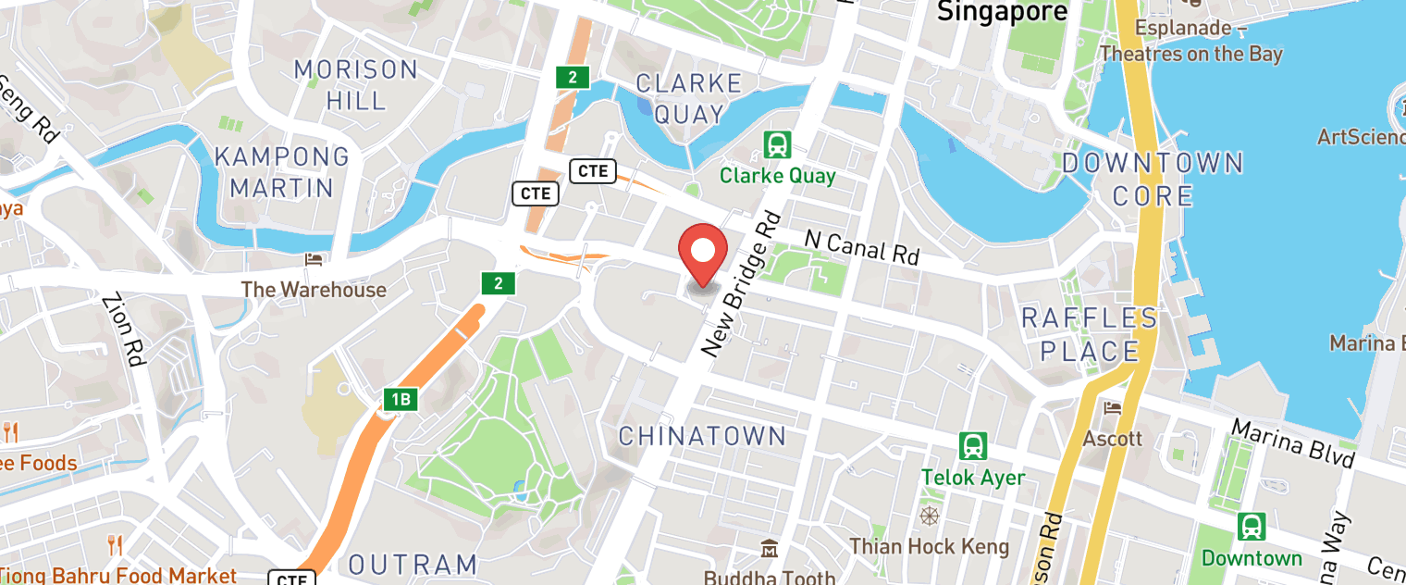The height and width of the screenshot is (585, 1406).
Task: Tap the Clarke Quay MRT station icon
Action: point(777,145)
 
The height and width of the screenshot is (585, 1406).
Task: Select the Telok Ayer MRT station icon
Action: point(972,447)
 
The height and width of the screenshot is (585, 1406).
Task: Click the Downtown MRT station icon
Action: point(1252,527)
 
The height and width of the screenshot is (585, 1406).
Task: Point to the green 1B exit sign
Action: point(401,400)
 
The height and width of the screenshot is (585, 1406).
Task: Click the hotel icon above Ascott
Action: point(1112,408)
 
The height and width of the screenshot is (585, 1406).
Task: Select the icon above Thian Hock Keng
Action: point(929,516)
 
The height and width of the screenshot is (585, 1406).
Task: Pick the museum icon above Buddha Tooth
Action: point(769,550)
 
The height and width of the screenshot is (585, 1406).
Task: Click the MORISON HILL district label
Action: point(356,84)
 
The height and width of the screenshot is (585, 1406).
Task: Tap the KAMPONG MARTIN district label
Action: point(282,172)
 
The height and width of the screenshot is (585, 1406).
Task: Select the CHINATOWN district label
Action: point(701,436)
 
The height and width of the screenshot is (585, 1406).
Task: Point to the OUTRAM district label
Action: point(413,564)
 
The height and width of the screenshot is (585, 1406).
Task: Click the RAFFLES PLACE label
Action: point(1090,335)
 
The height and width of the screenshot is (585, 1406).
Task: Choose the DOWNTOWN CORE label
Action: point(1153,180)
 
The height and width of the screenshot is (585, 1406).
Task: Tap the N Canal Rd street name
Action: point(862,246)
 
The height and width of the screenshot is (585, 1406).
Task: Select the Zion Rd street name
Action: point(126,330)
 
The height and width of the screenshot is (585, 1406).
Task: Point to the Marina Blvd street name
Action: point(1292,443)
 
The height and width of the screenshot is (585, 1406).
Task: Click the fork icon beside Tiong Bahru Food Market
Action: point(115,545)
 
